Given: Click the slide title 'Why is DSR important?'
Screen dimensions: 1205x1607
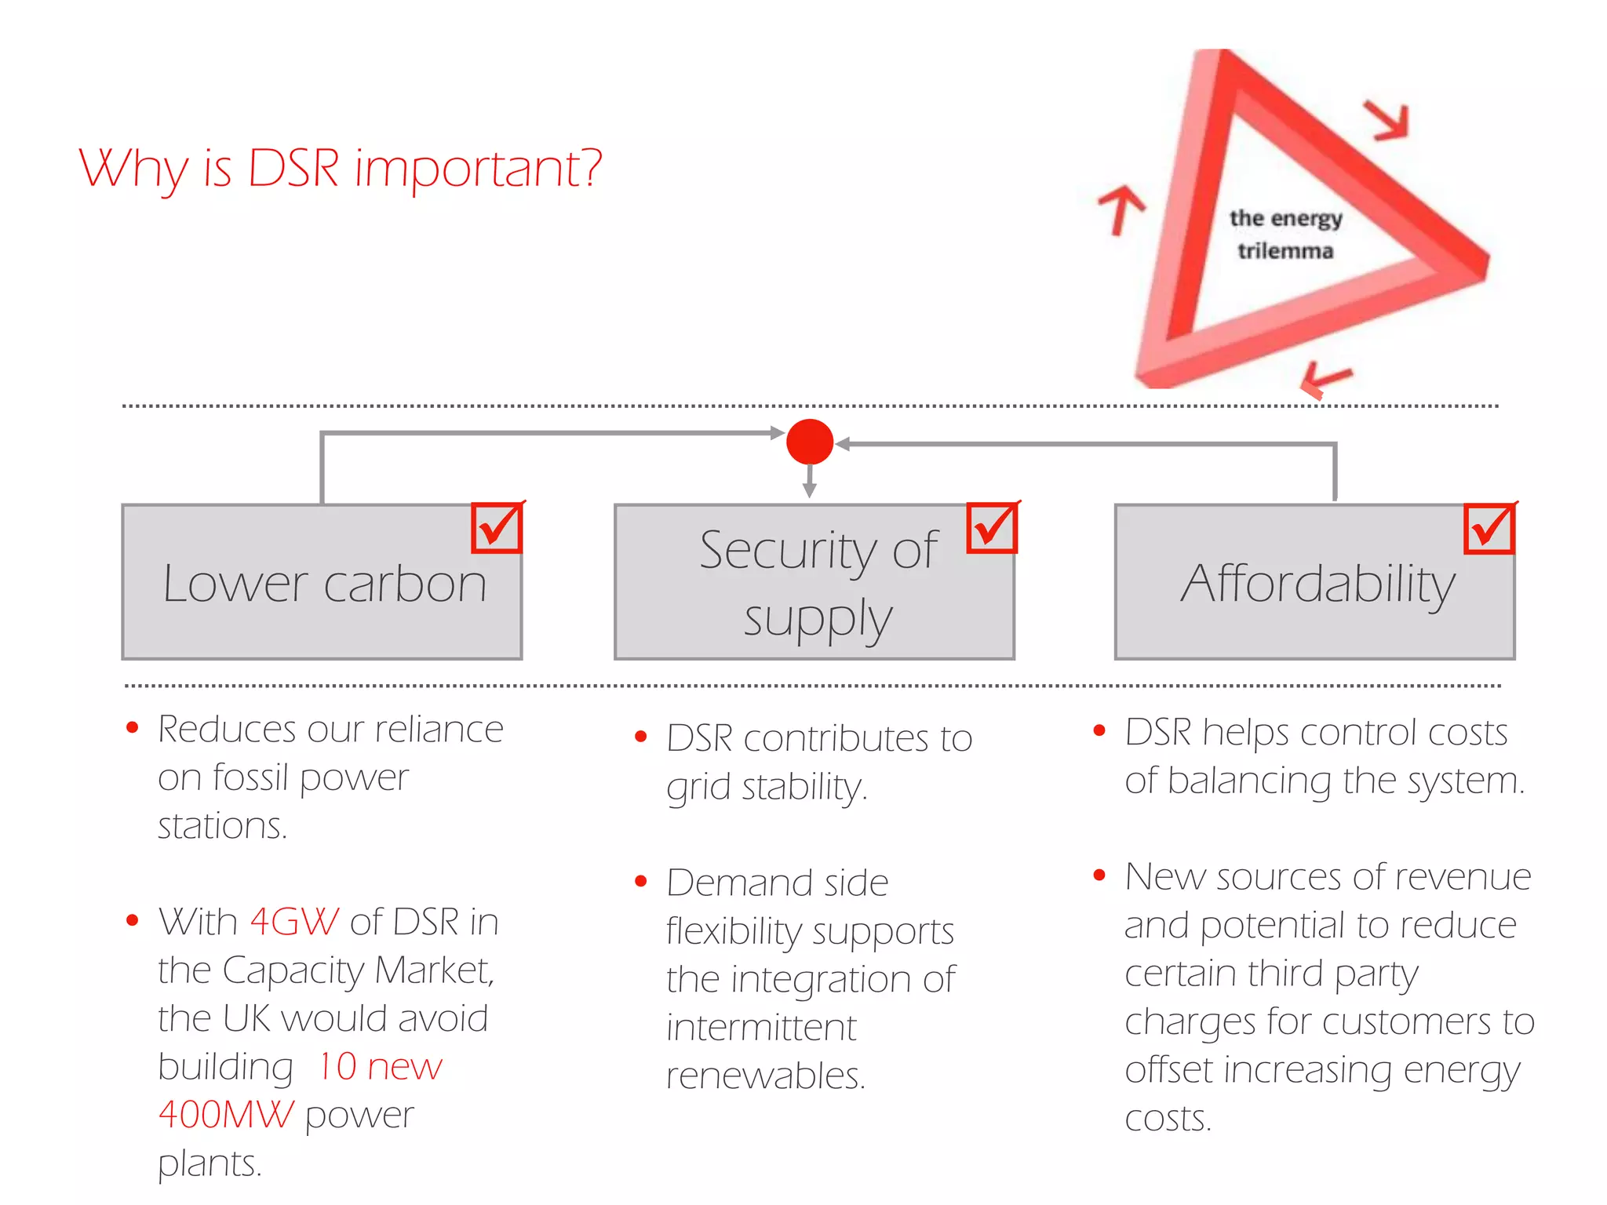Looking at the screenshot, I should pyautogui.click(x=340, y=168).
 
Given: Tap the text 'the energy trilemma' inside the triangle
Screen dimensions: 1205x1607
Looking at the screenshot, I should pyautogui.click(x=1285, y=234).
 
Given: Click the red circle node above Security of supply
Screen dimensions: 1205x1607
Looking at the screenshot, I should pyautogui.click(x=809, y=442).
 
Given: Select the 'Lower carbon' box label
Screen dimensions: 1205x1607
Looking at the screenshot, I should pyautogui.click(x=324, y=584).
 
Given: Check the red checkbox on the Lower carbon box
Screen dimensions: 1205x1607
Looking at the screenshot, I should pyautogui.click(x=497, y=528).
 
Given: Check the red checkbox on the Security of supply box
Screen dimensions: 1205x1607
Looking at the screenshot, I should pyautogui.click(x=992, y=528).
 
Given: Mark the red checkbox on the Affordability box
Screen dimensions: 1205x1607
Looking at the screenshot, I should pyautogui.click(x=1489, y=528).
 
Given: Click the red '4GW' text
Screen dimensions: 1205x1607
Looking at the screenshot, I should pyautogui.click(x=294, y=922).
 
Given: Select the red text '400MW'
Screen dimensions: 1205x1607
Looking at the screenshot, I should pyautogui.click(x=225, y=1115).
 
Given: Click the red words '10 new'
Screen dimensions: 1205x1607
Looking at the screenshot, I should pyautogui.click(x=380, y=1067).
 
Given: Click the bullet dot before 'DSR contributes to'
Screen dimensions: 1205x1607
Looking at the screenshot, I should pyautogui.click(x=640, y=737).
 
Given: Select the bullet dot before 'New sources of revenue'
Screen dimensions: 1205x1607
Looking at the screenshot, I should pyautogui.click(x=1099, y=875).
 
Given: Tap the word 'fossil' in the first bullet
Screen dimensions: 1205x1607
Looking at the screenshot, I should pyautogui.click(x=251, y=778).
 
